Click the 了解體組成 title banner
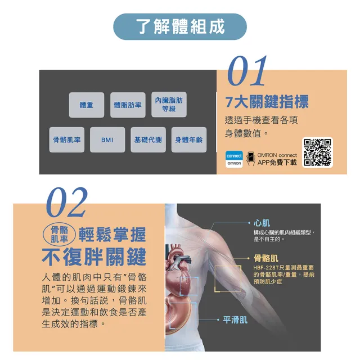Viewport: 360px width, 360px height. click(x=180, y=26)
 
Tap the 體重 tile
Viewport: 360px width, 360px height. click(x=87, y=105)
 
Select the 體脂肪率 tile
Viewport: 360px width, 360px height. click(x=128, y=105)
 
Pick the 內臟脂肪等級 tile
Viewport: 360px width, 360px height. click(x=169, y=105)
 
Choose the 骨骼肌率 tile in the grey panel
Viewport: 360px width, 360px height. click(x=67, y=139)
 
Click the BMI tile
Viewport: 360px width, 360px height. click(x=107, y=139)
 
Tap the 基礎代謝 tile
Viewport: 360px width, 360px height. click(x=148, y=139)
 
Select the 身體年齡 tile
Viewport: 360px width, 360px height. click(x=189, y=139)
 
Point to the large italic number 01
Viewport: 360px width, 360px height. click(x=247, y=71)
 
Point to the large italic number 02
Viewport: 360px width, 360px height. click(x=66, y=202)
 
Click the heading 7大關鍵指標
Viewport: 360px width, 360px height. click(x=267, y=101)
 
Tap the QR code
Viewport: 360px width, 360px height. click(x=317, y=152)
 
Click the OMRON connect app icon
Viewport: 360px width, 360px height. click(x=234, y=159)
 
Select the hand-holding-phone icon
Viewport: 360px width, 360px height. click(x=251, y=159)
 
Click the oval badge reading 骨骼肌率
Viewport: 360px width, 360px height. click(x=59, y=235)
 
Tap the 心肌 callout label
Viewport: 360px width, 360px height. click(x=262, y=223)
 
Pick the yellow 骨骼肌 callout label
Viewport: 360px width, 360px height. click(x=266, y=258)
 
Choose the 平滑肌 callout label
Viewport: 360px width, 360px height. click(x=235, y=319)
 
